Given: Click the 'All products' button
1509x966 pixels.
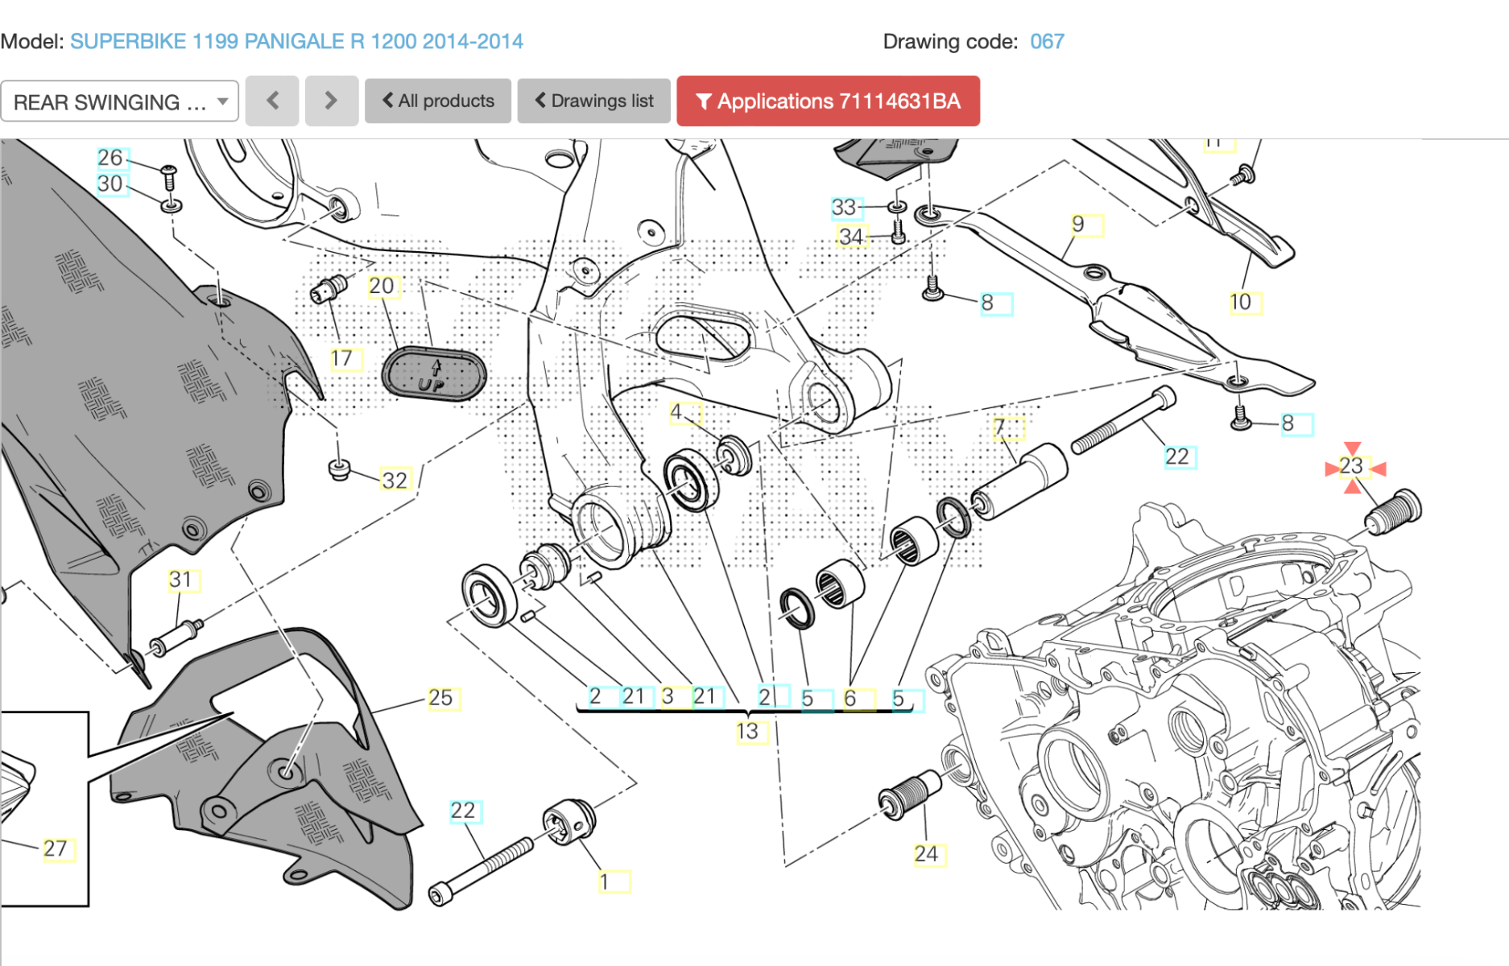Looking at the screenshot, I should click(x=437, y=101).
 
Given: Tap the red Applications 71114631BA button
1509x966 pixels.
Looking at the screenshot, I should click(x=828, y=101).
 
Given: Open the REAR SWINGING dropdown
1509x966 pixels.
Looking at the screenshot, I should click(x=120, y=101).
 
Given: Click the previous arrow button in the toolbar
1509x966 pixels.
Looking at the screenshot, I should click(x=272, y=101).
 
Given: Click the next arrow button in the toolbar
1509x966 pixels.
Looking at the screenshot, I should click(x=331, y=101).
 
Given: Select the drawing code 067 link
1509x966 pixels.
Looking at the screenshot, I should click(x=1047, y=41).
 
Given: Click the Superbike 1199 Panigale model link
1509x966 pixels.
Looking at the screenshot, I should click(x=296, y=41).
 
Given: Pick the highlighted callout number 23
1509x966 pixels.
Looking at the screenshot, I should click(x=1352, y=466).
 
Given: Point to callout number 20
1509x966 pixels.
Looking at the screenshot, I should click(x=382, y=286).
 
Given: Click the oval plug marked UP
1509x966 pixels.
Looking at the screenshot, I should click(x=433, y=374).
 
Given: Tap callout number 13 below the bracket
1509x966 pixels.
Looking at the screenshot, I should click(x=749, y=731).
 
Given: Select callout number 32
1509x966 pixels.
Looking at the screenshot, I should click(x=395, y=480).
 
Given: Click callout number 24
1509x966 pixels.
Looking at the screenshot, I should click(x=927, y=853).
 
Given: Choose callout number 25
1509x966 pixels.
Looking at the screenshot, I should click(x=441, y=697).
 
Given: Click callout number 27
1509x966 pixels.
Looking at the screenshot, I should click(x=56, y=848).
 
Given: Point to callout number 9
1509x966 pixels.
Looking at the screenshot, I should click(x=1080, y=225).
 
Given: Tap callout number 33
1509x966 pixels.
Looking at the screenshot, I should click(x=845, y=208).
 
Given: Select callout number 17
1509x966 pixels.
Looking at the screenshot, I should click(x=343, y=358).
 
